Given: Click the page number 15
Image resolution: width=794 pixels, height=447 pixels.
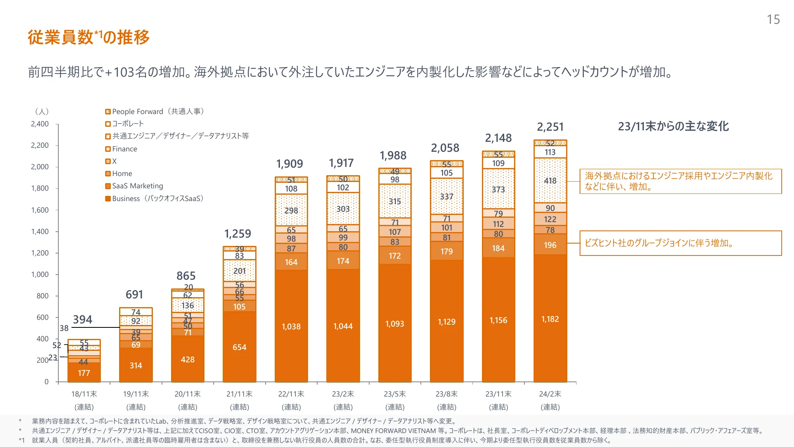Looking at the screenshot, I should (773, 19).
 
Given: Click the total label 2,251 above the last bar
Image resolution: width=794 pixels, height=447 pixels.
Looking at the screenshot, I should (550, 127).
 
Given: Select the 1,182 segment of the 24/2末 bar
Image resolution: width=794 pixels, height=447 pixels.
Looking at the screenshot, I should (550, 319).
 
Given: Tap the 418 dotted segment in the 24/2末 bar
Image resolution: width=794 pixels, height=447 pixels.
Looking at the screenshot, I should (550, 181).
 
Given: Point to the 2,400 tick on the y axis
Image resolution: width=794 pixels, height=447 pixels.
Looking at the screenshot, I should (40, 124).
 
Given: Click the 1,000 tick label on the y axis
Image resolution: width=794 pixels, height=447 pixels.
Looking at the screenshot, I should (40, 275).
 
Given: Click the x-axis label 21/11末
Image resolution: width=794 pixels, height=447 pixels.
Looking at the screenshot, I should (239, 394).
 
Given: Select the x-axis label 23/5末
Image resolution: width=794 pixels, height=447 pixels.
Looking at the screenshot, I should (395, 394).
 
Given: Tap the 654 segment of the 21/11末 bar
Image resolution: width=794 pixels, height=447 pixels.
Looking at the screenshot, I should (239, 347).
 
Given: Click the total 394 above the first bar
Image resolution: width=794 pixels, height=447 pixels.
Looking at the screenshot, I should (83, 320).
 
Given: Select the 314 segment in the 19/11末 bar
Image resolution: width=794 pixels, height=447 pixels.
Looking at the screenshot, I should (136, 366).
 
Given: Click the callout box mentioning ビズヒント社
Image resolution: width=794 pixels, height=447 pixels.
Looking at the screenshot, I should (680, 243).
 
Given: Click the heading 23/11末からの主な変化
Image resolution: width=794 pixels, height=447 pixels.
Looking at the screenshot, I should (673, 126).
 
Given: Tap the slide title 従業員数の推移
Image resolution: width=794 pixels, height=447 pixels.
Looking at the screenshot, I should (89, 37).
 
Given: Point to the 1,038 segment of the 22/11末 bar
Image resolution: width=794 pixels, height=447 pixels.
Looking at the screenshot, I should (291, 327).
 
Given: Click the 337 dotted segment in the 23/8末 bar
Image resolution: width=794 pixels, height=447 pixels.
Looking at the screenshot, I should (446, 197).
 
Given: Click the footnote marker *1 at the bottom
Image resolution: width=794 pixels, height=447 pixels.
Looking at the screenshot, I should (21, 440).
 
